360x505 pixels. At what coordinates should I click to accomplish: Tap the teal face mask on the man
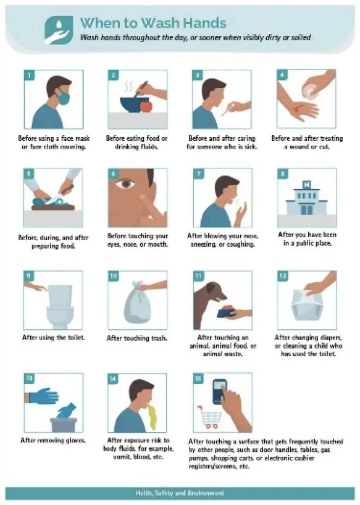coord(64,97)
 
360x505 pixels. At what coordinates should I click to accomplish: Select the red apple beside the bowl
coord(146,106)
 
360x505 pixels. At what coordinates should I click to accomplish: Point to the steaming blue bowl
coord(134,104)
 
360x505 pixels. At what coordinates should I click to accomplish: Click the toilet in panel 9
coord(60,305)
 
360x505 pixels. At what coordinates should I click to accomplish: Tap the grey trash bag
coord(137,302)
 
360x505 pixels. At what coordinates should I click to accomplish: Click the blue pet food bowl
coord(227,312)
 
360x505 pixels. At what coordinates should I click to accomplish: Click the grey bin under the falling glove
coord(64,425)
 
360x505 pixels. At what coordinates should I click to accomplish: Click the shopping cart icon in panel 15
coord(210,417)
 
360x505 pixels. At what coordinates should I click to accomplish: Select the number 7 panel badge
coord(198,174)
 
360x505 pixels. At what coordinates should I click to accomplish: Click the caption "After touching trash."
coord(137,338)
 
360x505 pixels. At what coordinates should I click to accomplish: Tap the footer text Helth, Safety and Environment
coord(180,493)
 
